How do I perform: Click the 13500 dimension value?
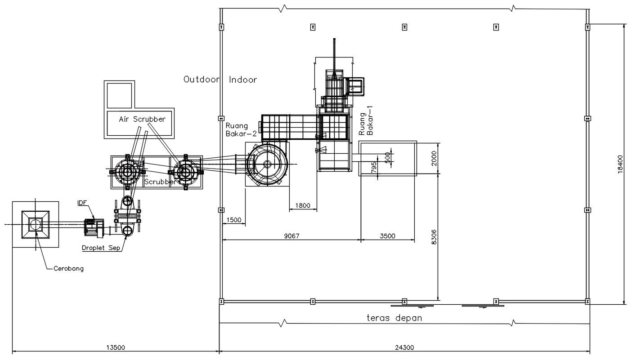(x=115, y=347)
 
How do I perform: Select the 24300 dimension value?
(x=404, y=347)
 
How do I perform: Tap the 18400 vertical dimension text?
(x=621, y=164)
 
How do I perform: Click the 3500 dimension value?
(x=387, y=236)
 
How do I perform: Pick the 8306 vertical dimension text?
(x=434, y=236)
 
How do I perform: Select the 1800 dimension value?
(x=302, y=206)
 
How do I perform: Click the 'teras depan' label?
(x=394, y=318)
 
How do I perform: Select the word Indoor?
(x=243, y=80)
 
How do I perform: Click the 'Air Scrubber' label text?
(x=142, y=119)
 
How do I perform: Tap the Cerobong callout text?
(x=68, y=269)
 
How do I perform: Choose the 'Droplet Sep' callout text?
(x=101, y=248)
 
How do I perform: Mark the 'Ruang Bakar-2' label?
(x=241, y=129)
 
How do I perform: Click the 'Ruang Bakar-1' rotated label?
(x=366, y=121)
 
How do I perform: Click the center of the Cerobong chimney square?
(x=35, y=224)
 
